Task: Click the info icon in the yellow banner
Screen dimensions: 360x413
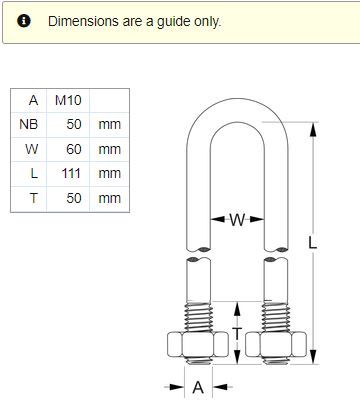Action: [24, 21]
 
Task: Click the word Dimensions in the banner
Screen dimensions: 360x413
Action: [83, 21]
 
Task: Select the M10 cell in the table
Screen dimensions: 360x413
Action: [68, 100]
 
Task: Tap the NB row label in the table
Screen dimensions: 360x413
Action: [29, 124]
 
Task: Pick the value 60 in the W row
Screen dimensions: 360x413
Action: [74, 149]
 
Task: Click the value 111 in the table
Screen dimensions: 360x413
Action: [71, 173]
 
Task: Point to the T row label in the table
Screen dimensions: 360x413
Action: [34, 198]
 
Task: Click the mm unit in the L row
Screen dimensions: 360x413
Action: [109, 173]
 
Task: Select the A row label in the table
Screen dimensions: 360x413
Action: [33, 100]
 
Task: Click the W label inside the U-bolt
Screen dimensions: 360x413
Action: [237, 220]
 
